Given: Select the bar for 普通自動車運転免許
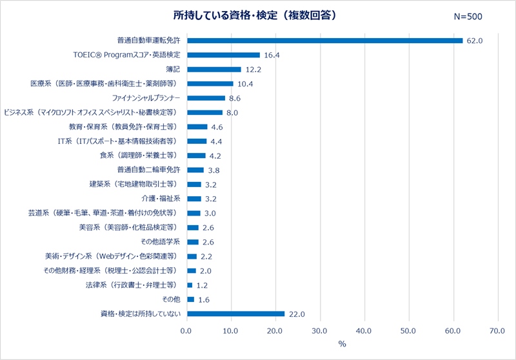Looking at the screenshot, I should click(x=324, y=41).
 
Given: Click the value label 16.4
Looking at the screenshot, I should click(x=272, y=55).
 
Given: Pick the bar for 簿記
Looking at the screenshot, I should click(x=213, y=70).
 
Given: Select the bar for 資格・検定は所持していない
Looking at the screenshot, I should click(x=235, y=314).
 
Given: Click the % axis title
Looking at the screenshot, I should click(x=342, y=344).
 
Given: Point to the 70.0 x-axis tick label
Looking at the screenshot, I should click(x=497, y=331).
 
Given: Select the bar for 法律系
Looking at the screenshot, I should click(x=190, y=285).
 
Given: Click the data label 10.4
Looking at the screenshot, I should click(x=245, y=84).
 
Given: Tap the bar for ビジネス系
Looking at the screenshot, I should click(x=204, y=112).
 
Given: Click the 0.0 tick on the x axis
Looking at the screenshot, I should click(x=187, y=331).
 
